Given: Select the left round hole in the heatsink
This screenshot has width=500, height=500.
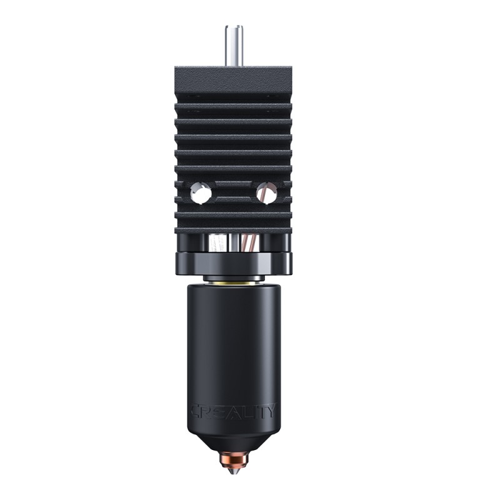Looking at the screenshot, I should coord(200,194).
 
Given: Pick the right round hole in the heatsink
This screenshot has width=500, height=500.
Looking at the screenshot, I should coord(266,193).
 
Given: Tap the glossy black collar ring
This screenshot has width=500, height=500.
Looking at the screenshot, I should coord(232,263).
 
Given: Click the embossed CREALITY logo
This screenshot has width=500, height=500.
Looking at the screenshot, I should coord(232,411).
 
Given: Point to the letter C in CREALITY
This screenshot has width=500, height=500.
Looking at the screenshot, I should coord(196,411).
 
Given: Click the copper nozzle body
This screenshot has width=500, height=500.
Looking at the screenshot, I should coord(232,461).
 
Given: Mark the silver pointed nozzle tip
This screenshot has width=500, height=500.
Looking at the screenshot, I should coord(232,474).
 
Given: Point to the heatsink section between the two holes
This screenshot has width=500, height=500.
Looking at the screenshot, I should coord(233,192).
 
